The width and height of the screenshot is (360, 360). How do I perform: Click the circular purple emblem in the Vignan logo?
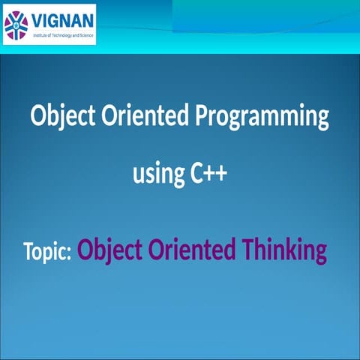coord(16,25)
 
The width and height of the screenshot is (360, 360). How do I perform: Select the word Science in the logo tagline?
coord(85,35)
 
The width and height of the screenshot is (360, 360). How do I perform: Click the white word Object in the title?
coord(57,118)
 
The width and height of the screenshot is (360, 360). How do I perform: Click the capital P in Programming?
coord(202,117)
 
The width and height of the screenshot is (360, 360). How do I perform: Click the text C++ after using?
coord(206,175)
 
